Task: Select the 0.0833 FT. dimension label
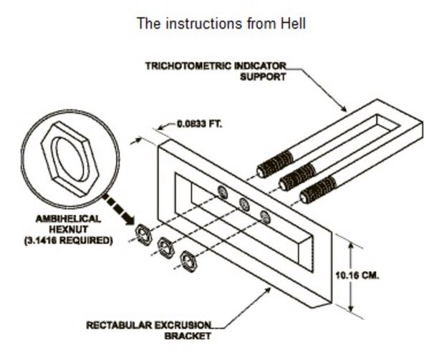pos(200,123)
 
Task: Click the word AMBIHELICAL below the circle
pos(67,219)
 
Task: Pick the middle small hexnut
pos(167,245)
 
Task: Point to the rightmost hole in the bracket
pos(266,215)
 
